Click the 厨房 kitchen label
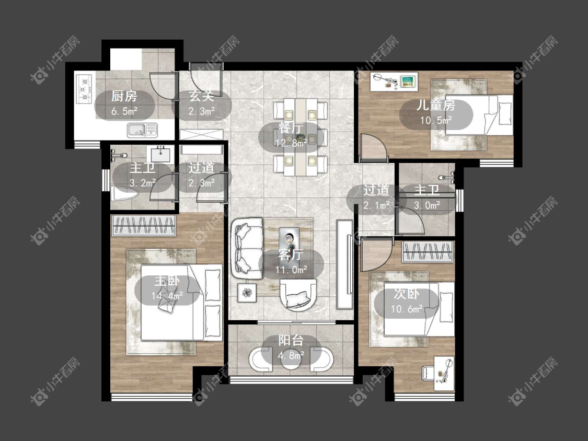(x=124, y=96)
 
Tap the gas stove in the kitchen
(x=84, y=89)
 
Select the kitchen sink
(x=142, y=130)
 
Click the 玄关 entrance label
(x=201, y=96)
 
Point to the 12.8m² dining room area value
(x=291, y=143)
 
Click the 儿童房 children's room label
(x=436, y=105)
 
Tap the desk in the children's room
(x=394, y=82)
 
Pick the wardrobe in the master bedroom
(x=144, y=226)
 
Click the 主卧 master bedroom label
(x=167, y=281)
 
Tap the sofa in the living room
(x=247, y=249)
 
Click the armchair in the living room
(x=298, y=295)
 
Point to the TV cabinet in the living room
(x=344, y=264)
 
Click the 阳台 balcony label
(x=291, y=341)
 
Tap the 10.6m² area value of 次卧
(x=407, y=309)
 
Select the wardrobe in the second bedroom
(x=428, y=252)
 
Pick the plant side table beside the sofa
(x=247, y=293)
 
